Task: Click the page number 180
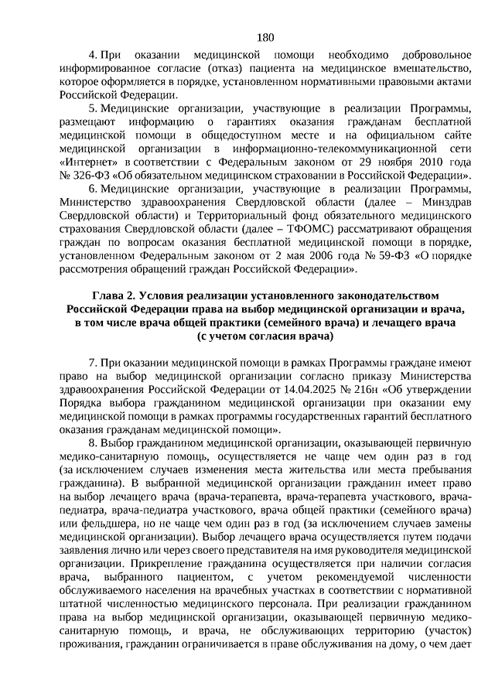265,37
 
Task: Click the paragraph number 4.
92,57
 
